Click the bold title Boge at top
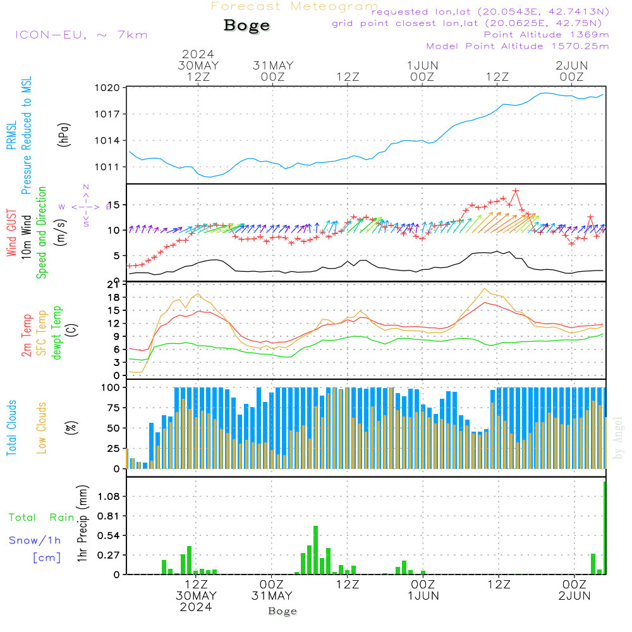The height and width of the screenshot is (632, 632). [x=246, y=26]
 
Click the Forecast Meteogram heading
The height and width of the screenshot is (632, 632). [x=295, y=6]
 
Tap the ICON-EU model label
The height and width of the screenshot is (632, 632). [x=81, y=35]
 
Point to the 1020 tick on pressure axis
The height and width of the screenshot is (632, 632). [x=108, y=88]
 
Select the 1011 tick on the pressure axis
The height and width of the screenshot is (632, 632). [x=108, y=167]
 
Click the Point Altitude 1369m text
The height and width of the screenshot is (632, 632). [x=546, y=35]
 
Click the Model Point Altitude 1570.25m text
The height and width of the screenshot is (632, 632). [x=518, y=46]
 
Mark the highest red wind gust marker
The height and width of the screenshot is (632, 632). [x=516, y=190]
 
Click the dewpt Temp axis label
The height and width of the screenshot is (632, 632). [x=58, y=332]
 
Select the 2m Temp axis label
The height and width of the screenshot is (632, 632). [x=27, y=335]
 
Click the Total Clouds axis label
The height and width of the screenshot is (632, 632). [x=12, y=428]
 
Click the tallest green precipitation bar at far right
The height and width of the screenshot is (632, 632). [x=605, y=528]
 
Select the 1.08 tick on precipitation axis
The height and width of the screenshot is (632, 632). [x=109, y=497]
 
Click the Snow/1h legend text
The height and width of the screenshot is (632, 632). [x=35, y=540]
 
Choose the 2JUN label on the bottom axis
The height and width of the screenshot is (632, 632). [x=574, y=596]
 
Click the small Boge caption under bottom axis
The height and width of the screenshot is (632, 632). [x=283, y=611]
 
